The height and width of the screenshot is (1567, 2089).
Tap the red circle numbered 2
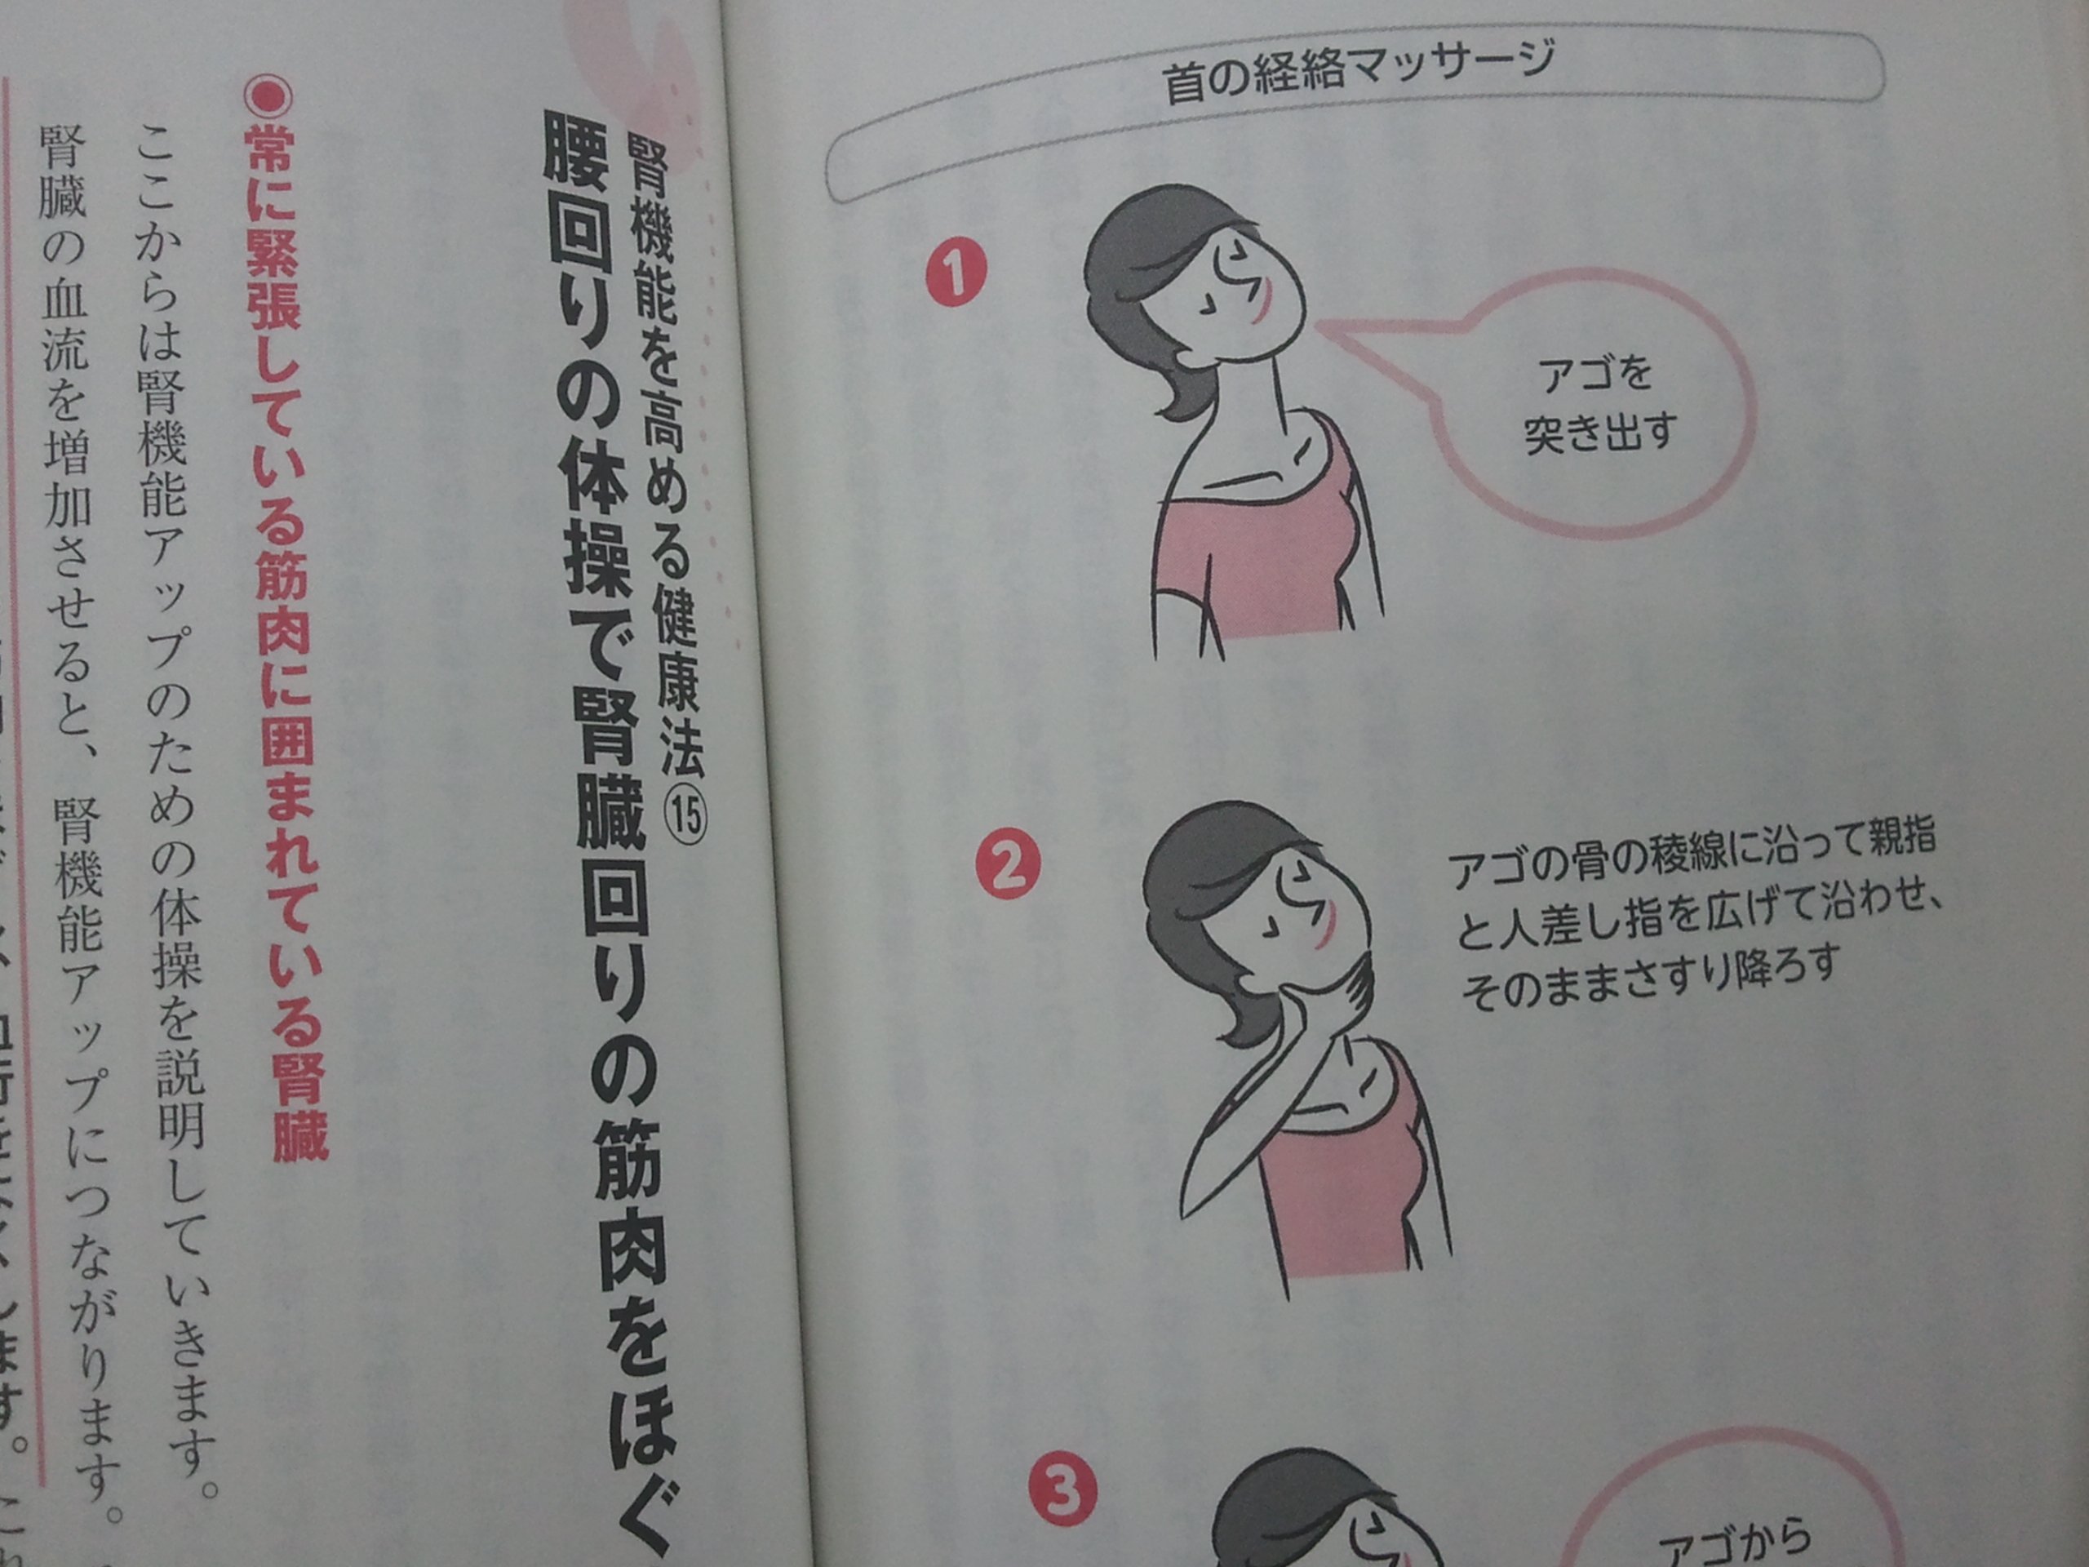[1007, 865]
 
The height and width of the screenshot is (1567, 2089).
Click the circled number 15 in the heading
[686, 815]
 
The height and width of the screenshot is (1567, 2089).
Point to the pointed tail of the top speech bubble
[1322, 326]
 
